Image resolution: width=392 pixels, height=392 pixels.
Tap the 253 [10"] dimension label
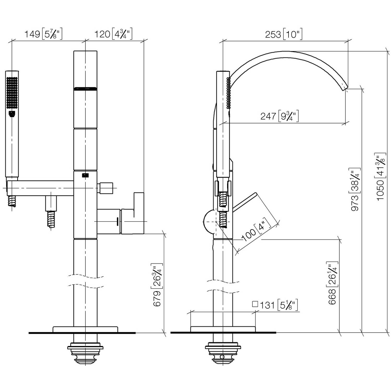284,34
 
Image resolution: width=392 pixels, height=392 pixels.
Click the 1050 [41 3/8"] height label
381,177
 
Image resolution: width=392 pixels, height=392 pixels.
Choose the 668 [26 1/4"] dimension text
332,283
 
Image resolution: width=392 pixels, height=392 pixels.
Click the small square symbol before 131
255,304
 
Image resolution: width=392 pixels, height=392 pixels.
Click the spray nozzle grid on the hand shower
12,92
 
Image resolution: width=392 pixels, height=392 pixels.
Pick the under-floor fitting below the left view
85,349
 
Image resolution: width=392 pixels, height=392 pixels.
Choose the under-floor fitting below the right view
223,349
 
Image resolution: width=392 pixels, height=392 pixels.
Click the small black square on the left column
85,176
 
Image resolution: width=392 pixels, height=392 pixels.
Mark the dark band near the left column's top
85,89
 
